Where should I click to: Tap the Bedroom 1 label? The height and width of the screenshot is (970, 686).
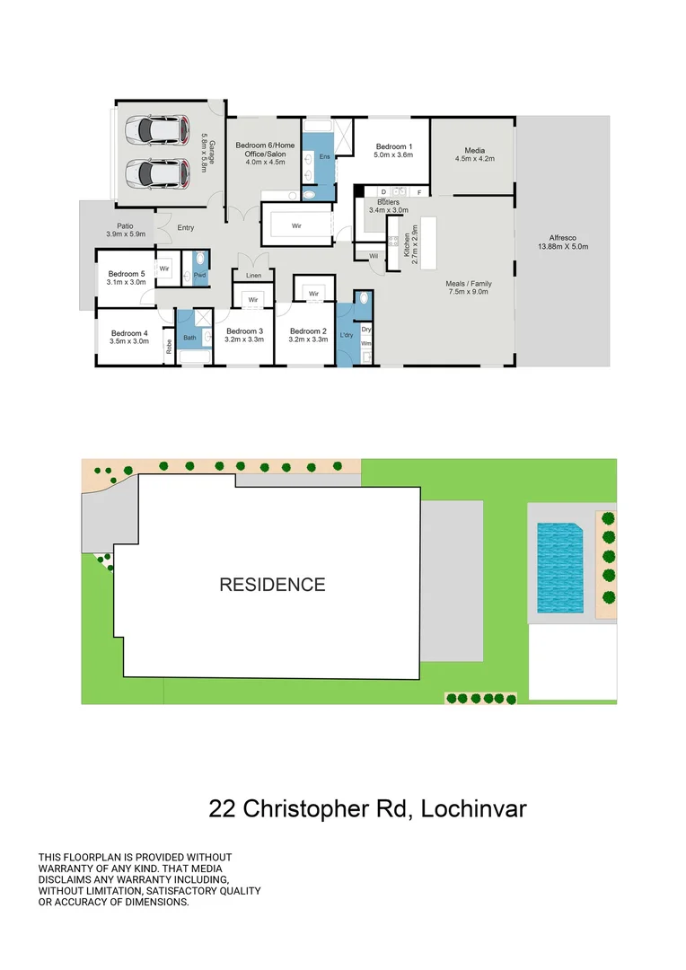[x=393, y=146]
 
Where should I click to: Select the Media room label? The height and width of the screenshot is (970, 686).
[x=474, y=150]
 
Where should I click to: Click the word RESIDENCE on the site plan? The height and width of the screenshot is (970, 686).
[x=273, y=585]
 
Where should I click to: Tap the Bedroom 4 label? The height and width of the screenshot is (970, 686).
[x=128, y=333]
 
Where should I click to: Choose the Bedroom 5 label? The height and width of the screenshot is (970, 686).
[x=126, y=274]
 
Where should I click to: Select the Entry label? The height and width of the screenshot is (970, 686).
[x=185, y=228]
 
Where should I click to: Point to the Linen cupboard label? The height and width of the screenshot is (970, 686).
[x=253, y=275]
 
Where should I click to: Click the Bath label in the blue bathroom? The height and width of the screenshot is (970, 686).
[x=189, y=338]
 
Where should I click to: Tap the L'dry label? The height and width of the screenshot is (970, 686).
[x=346, y=335]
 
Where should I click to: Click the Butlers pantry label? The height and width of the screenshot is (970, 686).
[x=388, y=202]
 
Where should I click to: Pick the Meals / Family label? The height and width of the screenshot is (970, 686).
[x=469, y=284]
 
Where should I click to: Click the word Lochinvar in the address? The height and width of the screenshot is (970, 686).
[x=471, y=808]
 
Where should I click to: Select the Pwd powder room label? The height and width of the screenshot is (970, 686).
[x=199, y=275]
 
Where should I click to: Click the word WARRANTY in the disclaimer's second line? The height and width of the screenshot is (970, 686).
[x=67, y=869]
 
